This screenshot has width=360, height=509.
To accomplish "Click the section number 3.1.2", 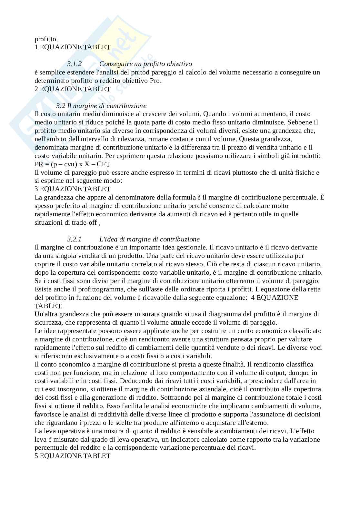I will [74, 64].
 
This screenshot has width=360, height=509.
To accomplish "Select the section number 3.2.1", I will [74, 239].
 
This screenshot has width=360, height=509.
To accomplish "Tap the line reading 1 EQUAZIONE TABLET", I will [73, 47].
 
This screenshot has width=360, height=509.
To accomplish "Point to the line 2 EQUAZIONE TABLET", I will [73, 89].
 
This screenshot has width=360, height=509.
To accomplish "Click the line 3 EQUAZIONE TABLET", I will [73, 189].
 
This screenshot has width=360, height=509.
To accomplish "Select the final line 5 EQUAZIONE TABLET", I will [73, 456].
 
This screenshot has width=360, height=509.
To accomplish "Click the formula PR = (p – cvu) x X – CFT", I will [72, 164].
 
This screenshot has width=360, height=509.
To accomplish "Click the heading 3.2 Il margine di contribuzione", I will [101, 106].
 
